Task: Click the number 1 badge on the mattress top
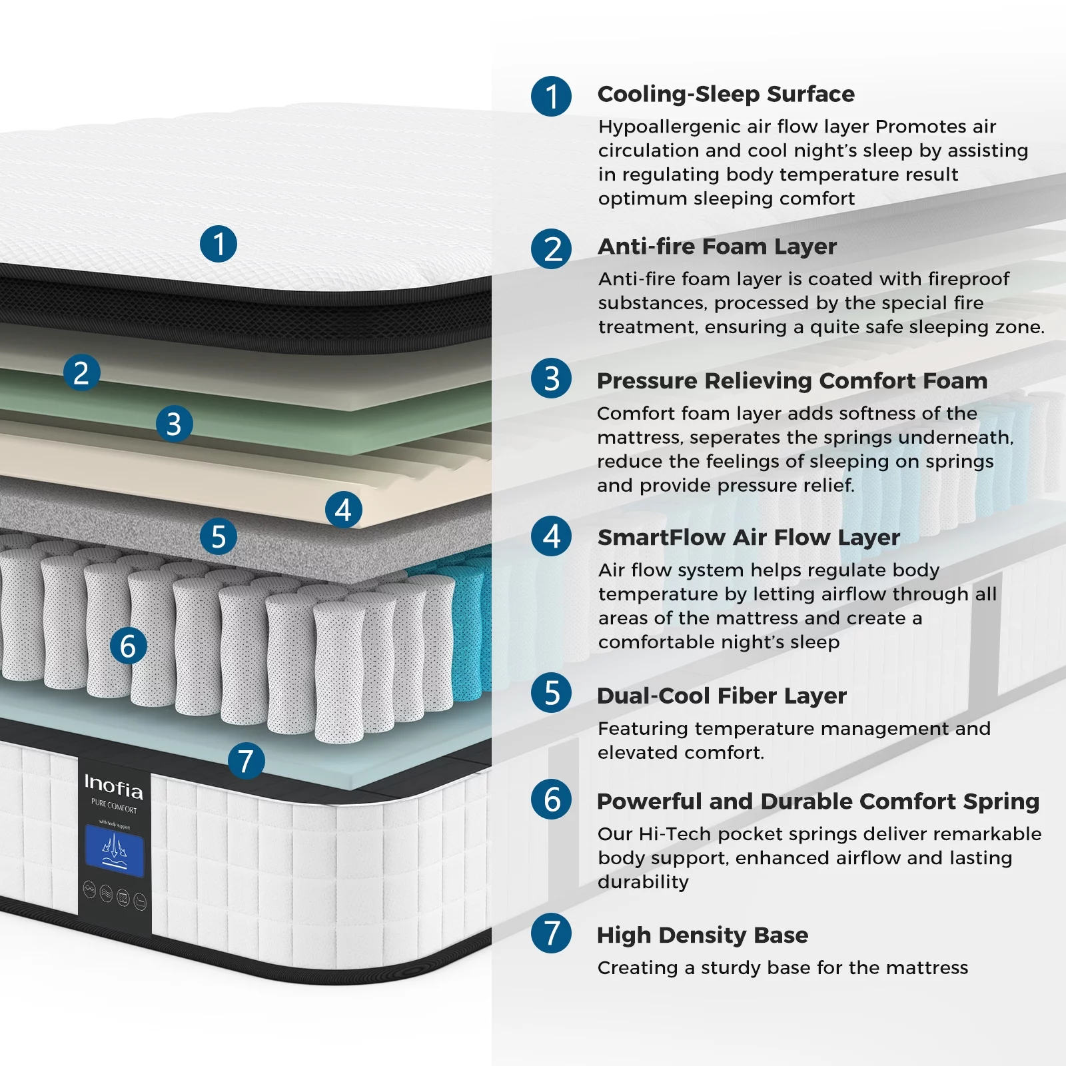(219, 244)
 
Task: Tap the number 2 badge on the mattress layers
(82, 372)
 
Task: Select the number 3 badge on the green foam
(175, 424)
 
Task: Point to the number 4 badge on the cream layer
(344, 510)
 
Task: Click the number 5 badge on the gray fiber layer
(219, 536)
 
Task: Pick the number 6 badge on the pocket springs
(128, 646)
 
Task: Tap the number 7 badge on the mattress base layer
(246, 761)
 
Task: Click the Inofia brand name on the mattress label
(113, 787)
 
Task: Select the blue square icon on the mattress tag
(114, 851)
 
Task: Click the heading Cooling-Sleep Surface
(726, 94)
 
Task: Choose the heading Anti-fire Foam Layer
(717, 247)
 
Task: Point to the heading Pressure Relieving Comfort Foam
(792, 381)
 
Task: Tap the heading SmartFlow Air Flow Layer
(748, 537)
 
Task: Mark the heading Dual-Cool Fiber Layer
(722, 696)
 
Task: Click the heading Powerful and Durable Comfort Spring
(817, 801)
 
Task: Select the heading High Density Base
(702, 935)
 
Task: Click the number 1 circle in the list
(551, 97)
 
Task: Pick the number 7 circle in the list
(551, 933)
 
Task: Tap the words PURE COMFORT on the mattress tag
(114, 807)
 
